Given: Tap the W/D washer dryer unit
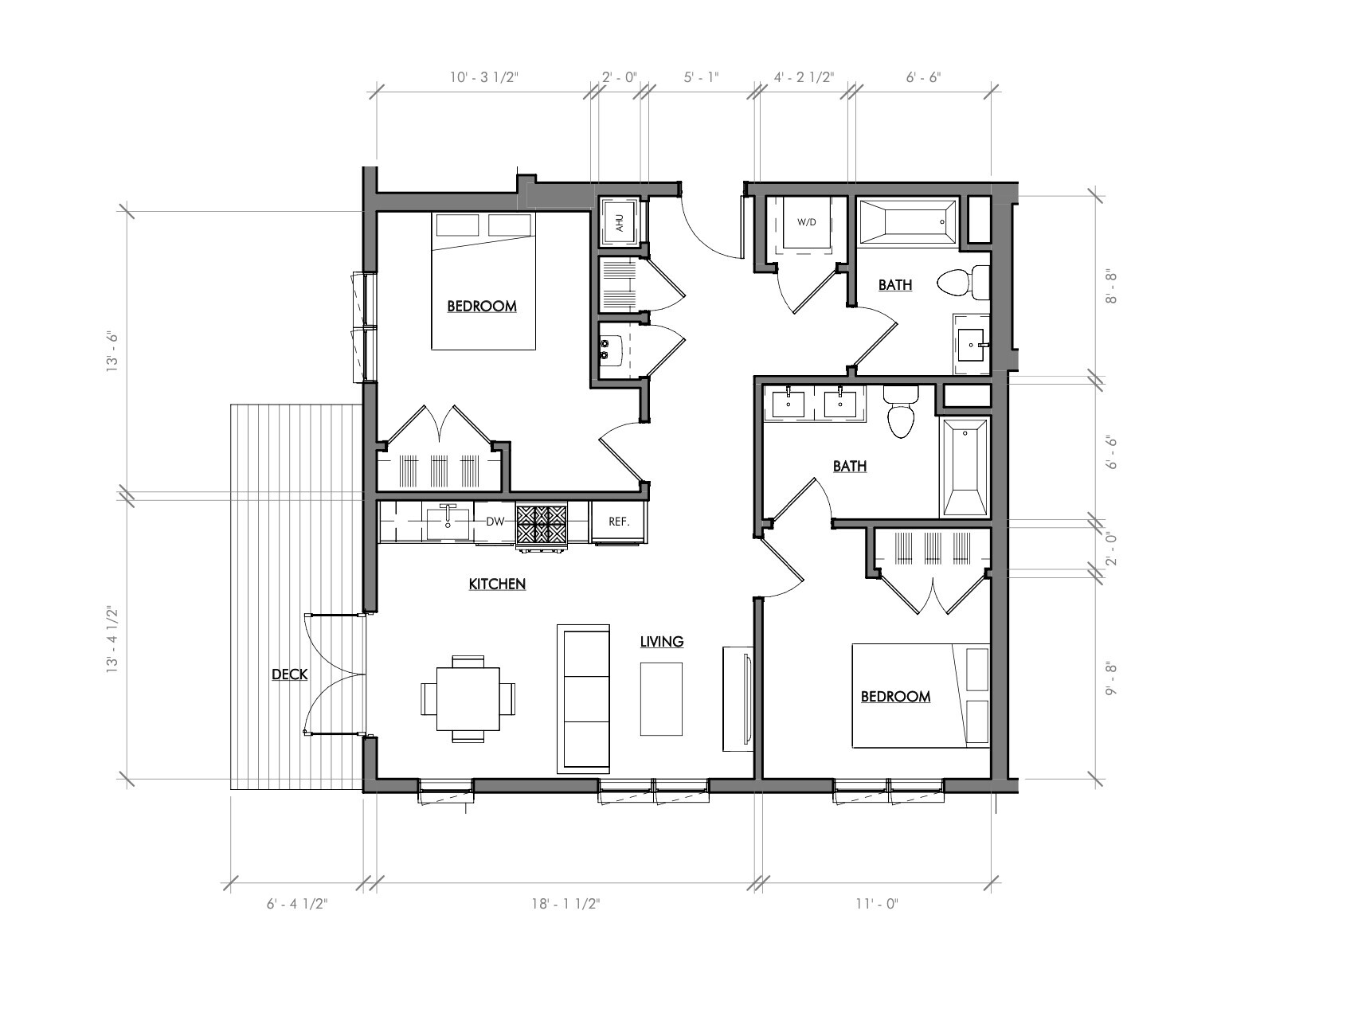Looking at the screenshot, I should (806, 222).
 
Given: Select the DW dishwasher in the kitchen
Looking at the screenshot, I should (495, 522).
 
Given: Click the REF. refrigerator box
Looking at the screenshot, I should (619, 522).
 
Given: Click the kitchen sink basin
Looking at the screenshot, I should (448, 523).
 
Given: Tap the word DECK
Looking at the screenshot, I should (289, 674).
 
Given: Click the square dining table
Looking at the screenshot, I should (468, 699).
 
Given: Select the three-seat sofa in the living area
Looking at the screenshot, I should (584, 699).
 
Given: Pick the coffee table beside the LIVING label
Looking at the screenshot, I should (661, 699).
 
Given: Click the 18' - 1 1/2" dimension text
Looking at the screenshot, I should (565, 904).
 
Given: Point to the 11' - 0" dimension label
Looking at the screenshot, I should (877, 904).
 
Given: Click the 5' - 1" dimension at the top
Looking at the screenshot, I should (701, 77).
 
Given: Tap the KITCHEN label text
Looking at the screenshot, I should (497, 584).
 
